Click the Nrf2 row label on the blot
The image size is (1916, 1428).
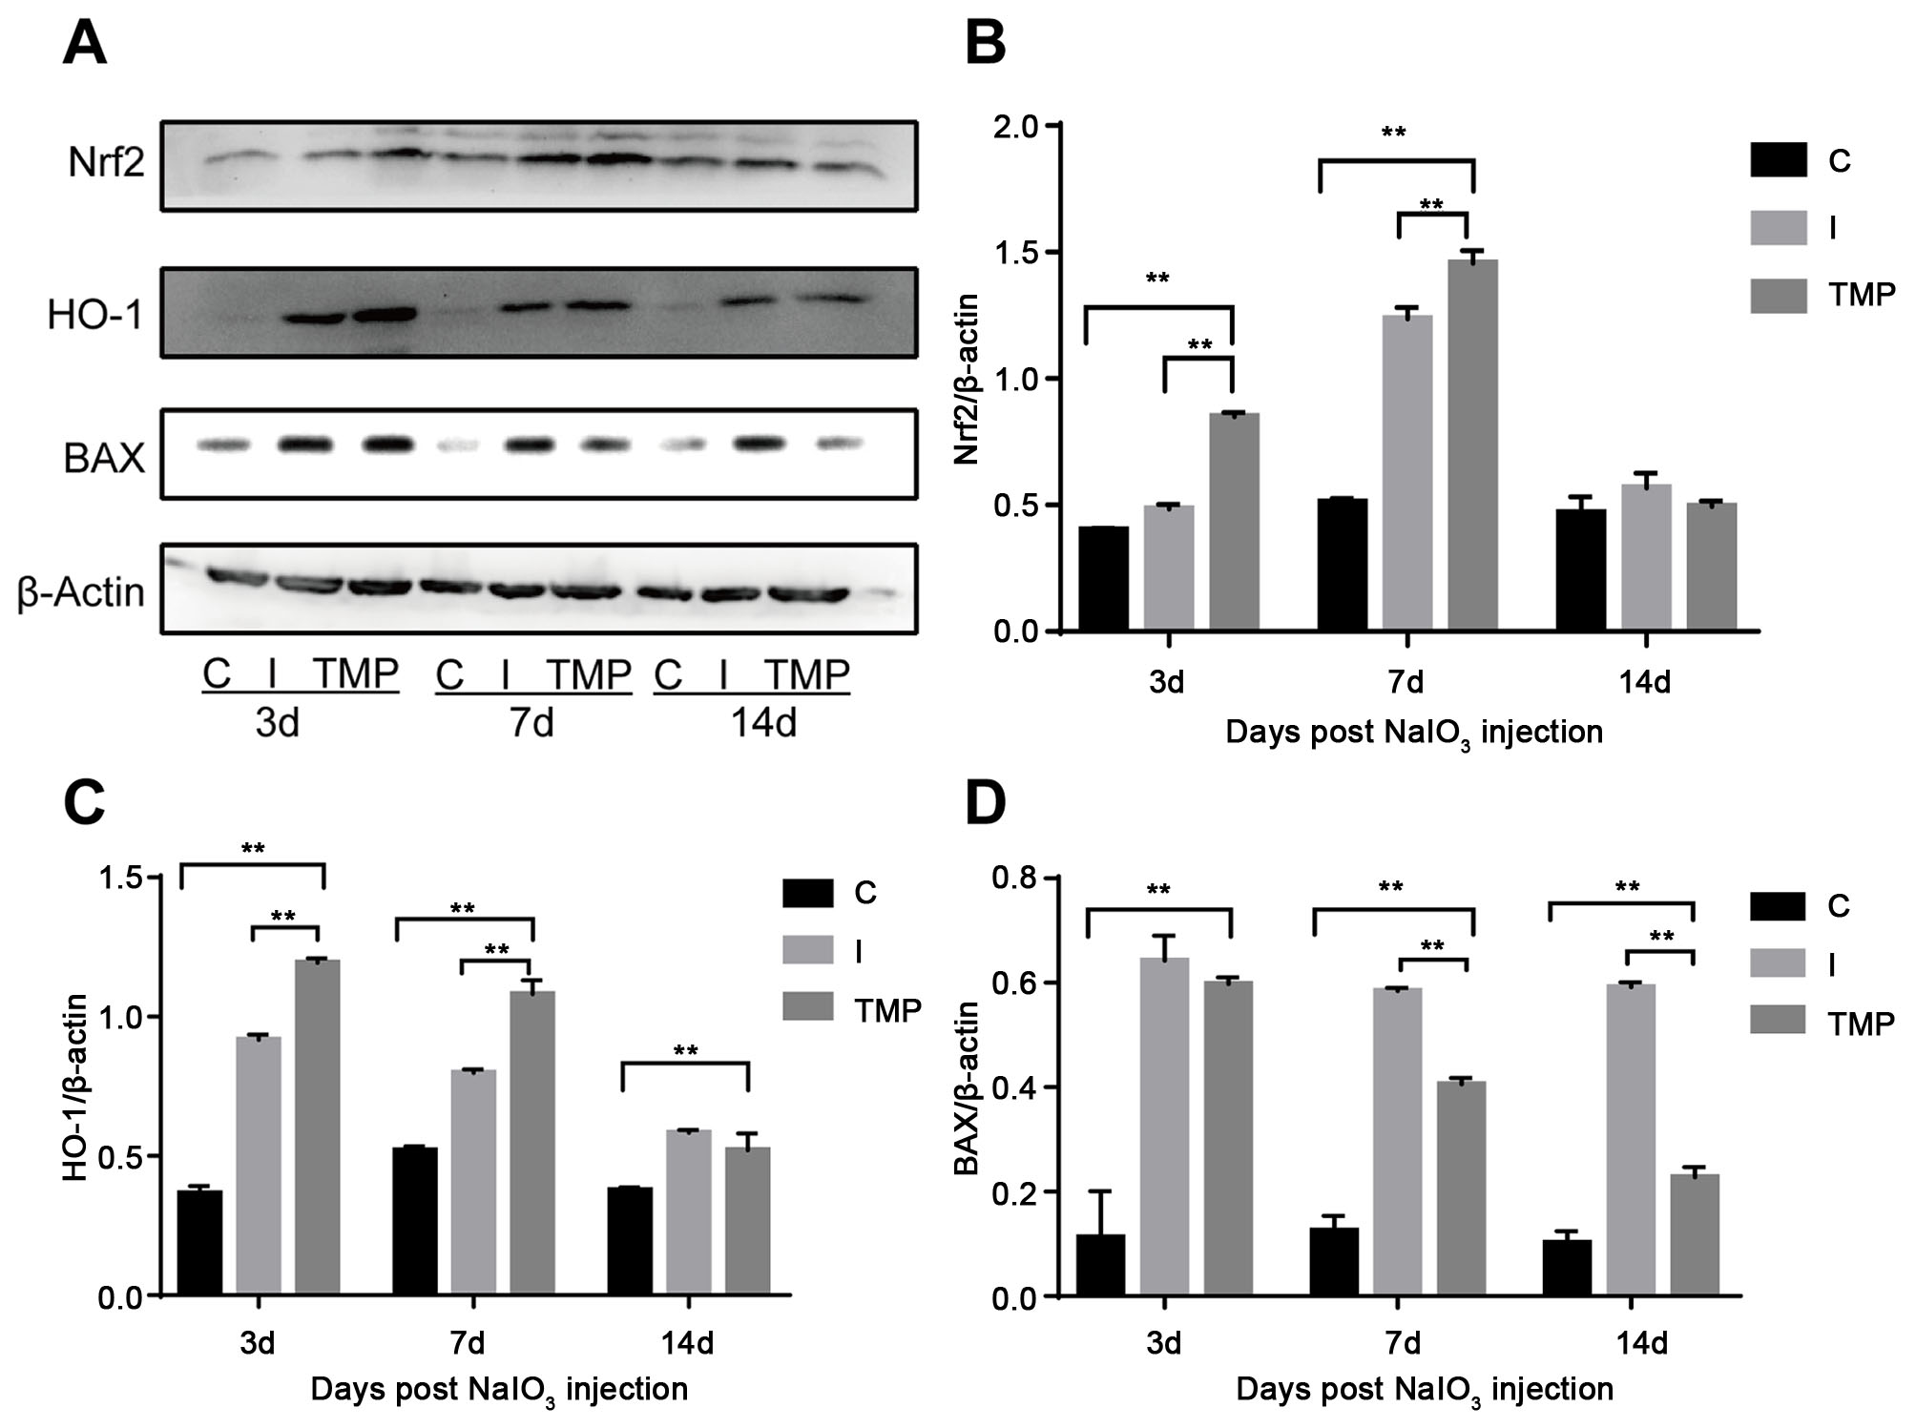coord(106,163)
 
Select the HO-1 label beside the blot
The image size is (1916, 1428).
coord(94,314)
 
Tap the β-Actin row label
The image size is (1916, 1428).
coord(81,592)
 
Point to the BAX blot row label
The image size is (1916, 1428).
coord(104,459)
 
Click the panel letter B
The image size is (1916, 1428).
coord(986,43)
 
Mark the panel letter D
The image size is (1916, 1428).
coord(986,804)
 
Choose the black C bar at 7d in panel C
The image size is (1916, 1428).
coord(415,1221)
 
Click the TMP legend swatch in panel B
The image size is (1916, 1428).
coord(1779,296)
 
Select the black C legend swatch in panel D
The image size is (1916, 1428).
coord(1779,905)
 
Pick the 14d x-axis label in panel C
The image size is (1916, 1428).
coord(687,1343)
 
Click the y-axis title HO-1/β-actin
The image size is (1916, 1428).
coord(77,1087)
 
